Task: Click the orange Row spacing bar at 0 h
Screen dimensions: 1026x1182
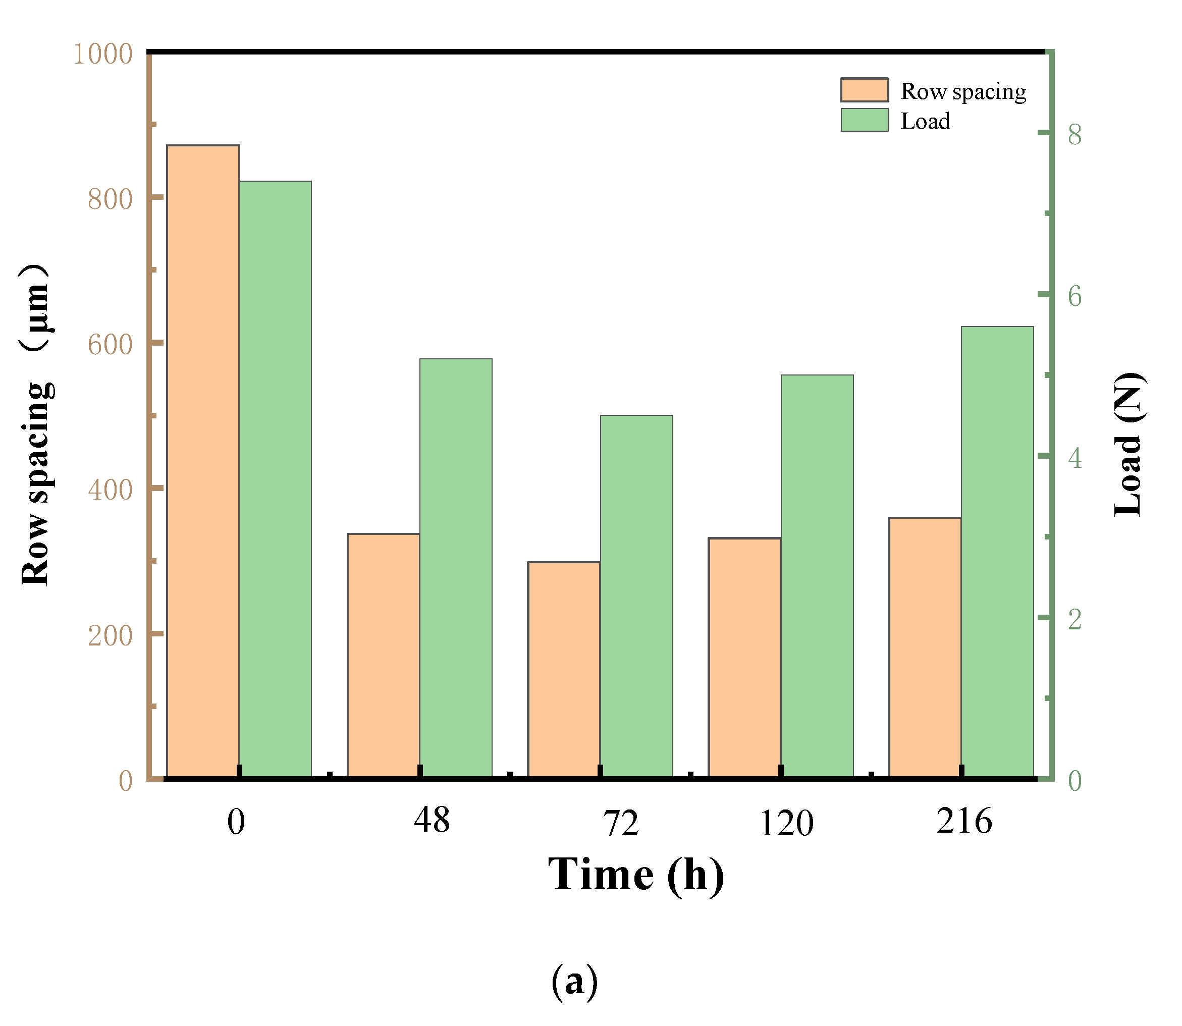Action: click(203, 461)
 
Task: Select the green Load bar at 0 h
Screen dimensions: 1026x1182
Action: click(276, 479)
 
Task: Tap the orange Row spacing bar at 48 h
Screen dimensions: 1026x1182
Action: click(384, 656)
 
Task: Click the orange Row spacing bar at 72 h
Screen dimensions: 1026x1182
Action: click(564, 670)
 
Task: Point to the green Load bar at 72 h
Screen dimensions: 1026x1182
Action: click(636, 596)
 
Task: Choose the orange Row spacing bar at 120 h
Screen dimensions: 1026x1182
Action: click(744, 658)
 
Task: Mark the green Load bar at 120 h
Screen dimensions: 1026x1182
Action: click(817, 576)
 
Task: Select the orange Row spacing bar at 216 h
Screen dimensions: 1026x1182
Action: click(925, 647)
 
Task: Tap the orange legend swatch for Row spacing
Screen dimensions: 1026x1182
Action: click(865, 90)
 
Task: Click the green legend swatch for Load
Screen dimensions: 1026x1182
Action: click(865, 120)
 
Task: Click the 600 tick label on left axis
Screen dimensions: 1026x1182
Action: click(110, 345)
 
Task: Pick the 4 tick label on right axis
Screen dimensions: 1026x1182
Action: click(1075, 457)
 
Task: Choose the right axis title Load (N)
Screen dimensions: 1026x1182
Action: click(1129, 444)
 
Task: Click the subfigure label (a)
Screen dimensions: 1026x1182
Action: click(574, 981)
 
